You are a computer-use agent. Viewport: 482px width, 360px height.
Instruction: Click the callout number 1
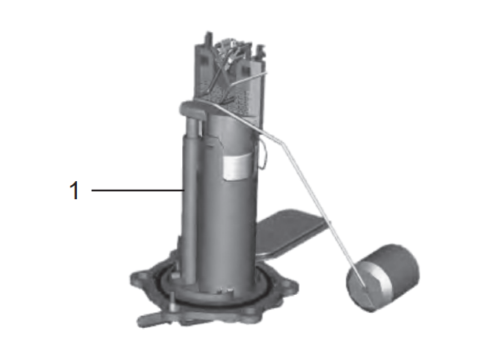(75, 191)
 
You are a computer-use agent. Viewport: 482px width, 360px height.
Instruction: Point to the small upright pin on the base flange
(168, 301)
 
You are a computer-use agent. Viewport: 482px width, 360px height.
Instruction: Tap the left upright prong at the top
(206, 43)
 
